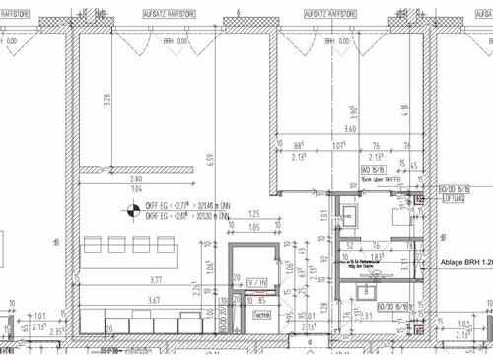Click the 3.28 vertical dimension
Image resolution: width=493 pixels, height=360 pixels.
106,101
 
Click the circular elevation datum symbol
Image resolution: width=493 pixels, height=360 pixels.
127,208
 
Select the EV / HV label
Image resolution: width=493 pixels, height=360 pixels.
255,283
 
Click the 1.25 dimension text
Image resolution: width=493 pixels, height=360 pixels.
253,214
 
